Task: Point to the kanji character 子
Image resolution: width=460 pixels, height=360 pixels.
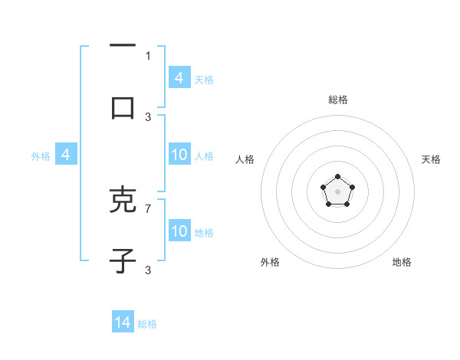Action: (123, 261)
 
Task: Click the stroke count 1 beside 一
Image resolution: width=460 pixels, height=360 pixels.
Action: (148, 55)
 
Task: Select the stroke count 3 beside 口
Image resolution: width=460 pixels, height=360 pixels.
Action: (148, 116)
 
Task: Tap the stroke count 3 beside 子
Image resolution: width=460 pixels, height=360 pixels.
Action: (148, 270)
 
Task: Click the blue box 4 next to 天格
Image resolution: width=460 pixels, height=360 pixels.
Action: (179, 78)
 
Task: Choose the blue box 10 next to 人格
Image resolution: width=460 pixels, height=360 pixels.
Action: (179, 155)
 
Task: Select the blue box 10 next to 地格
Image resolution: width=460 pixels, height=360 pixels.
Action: (179, 231)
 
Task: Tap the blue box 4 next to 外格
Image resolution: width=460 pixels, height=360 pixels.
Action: (66, 155)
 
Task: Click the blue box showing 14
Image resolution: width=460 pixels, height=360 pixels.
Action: (123, 322)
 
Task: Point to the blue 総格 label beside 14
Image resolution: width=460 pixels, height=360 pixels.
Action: (148, 324)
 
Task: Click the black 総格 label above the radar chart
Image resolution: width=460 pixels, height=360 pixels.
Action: (338, 100)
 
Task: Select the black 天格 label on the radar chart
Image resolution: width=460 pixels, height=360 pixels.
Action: (431, 159)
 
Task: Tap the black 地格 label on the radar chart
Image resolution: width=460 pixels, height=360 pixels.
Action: (402, 262)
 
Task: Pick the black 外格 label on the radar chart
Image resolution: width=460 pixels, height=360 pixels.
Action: (270, 262)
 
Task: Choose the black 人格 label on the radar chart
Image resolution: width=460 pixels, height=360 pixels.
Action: (245, 159)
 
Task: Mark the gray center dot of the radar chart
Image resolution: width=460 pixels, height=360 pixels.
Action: (337, 190)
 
